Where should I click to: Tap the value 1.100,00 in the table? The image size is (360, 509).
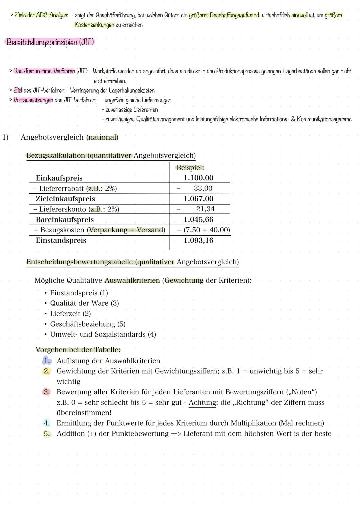[x=199, y=178]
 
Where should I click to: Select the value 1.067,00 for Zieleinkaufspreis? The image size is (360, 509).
[x=199, y=199]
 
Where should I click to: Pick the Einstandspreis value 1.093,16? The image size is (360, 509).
[x=199, y=240]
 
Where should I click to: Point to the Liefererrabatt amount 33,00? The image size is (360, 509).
[x=203, y=188]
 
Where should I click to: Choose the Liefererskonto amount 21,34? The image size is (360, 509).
[x=205, y=209]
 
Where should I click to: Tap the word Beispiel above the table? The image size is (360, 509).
[x=190, y=168]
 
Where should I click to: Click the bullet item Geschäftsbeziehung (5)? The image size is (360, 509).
[x=88, y=324]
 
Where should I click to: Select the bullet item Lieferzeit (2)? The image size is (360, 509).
[x=70, y=314]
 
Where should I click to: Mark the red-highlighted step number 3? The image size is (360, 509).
[x=47, y=392]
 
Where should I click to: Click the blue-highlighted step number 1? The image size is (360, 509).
[x=47, y=361]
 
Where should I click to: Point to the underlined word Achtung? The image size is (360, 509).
[x=202, y=402]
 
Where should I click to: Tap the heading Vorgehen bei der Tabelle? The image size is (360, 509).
[x=78, y=350]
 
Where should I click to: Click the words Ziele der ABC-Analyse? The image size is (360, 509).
[x=41, y=15]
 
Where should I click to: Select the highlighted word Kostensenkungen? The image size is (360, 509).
[x=94, y=25]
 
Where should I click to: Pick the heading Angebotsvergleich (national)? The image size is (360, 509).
[x=69, y=137]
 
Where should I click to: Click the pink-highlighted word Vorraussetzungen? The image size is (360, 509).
[x=33, y=100]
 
